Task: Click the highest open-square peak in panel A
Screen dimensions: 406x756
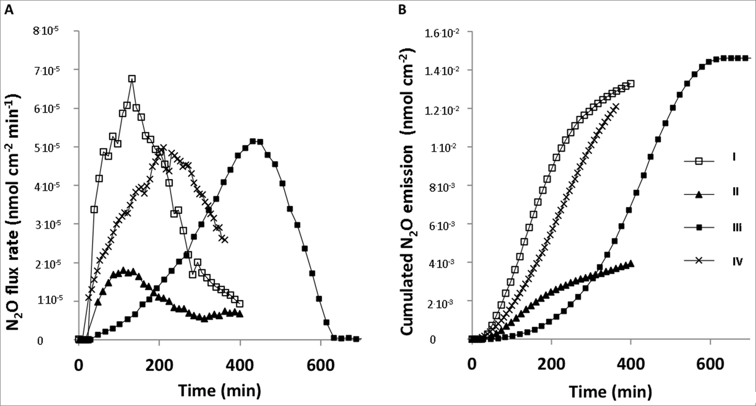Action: point(132,79)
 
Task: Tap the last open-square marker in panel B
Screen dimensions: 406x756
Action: point(631,83)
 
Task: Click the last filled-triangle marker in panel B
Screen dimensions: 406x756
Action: point(631,264)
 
